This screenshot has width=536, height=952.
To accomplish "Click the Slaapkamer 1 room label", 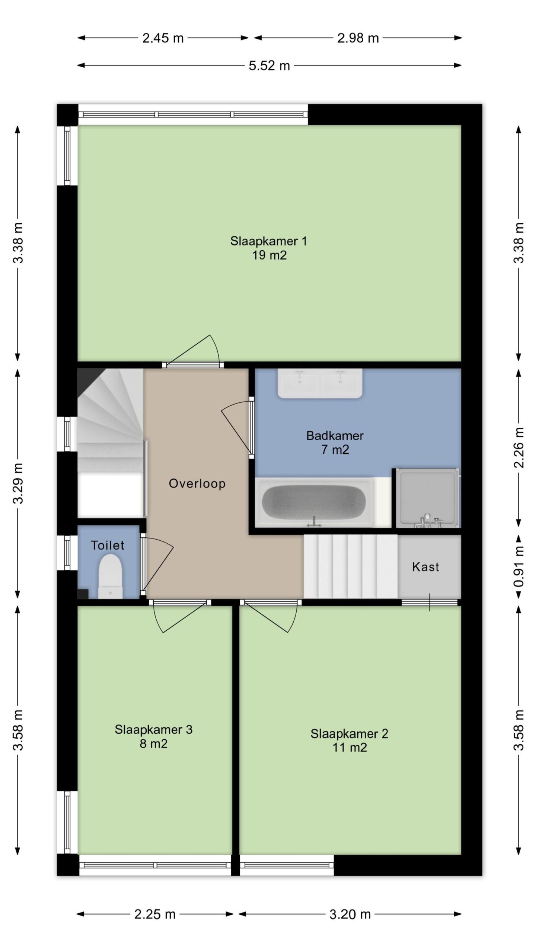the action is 268,241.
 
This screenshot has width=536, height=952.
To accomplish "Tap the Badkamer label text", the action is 335,435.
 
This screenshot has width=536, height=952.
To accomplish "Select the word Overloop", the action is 197,483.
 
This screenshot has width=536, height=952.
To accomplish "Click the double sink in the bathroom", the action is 320,383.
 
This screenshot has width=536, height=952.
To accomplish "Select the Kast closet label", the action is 425,567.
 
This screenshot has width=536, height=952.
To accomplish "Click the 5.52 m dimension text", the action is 269,66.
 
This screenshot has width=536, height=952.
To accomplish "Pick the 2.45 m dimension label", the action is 163,38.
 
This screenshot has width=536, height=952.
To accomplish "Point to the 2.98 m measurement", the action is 358,38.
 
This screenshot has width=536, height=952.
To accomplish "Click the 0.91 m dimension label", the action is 519,566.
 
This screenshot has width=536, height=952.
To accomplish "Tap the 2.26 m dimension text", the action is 519,447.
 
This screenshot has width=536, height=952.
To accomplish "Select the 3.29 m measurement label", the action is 18,483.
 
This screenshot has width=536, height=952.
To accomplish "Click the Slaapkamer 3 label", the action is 153,730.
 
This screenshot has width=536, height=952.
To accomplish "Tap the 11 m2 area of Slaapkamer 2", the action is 350,747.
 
